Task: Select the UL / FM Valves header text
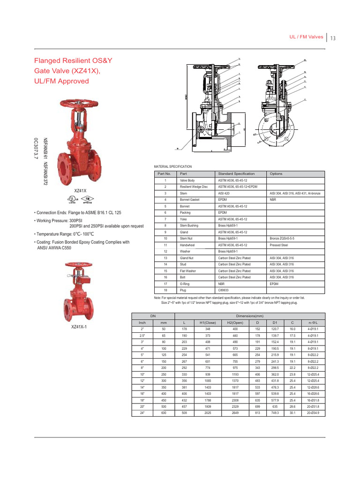307,37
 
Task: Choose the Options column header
276,173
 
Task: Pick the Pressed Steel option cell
279,245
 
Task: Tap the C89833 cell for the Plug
223,290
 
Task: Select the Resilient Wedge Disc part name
194,187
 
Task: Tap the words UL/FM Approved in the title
60,81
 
